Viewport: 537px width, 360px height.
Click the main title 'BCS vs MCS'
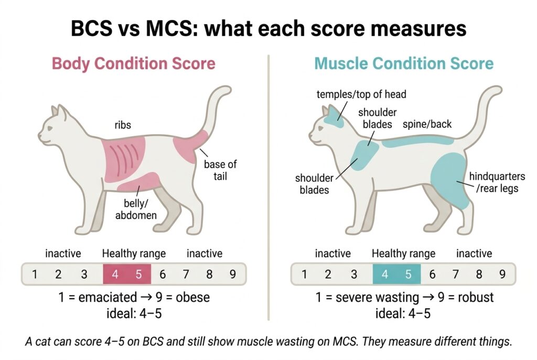pos(268,28)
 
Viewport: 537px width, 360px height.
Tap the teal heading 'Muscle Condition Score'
pos(404,64)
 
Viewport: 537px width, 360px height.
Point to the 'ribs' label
pos(124,126)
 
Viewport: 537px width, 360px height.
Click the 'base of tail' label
pos(220,170)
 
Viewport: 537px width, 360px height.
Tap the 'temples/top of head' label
pos(361,94)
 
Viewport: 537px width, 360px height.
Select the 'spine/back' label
pos(427,124)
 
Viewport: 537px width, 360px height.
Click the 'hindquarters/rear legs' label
pos(496,182)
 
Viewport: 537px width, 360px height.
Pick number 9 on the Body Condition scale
pos(233,274)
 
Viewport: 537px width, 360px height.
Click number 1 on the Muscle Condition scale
pos(304,274)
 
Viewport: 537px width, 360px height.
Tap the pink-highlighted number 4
pos(115,274)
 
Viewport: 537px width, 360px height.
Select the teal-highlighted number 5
pos(409,274)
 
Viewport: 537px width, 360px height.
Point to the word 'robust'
pos(475,298)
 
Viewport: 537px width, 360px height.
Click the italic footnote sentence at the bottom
pos(268,342)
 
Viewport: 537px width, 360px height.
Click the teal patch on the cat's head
pos(334,116)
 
